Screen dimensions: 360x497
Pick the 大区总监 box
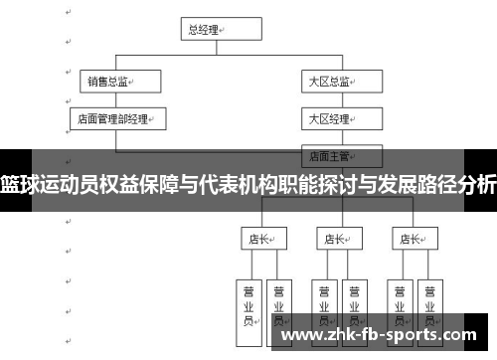point(331,81)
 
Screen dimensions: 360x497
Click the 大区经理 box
point(331,118)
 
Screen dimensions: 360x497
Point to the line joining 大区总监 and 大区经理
point(331,99)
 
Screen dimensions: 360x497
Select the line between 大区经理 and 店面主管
point(331,136)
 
